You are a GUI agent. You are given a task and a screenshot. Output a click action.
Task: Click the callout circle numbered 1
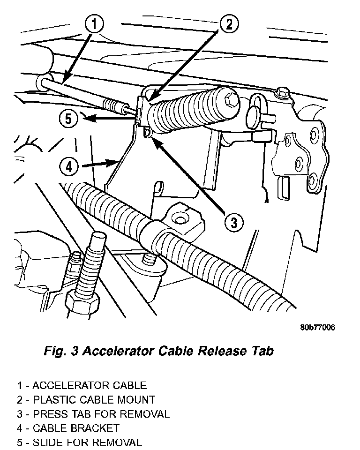pyautogui.click(x=94, y=24)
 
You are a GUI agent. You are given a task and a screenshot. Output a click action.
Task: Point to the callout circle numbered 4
pyautogui.click(x=68, y=166)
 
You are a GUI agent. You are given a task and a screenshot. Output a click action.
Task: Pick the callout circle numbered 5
pyautogui.click(x=69, y=119)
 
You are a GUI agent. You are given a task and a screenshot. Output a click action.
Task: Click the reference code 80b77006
pyautogui.click(x=317, y=328)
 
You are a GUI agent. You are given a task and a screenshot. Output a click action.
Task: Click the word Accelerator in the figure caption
pyautogui.click(x=118, y=351)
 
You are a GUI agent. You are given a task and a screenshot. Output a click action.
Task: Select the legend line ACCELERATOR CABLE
pyautogui.click(x=82, y=386)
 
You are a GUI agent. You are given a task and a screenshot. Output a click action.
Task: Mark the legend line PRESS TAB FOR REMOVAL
pyautogui.click(x=93, y=414)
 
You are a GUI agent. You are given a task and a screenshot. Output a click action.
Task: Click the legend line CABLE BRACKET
pyautogui.click(x=68, y=428)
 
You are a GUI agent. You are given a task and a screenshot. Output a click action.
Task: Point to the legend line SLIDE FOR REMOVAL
pyautogui.click(x=80, y=442)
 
